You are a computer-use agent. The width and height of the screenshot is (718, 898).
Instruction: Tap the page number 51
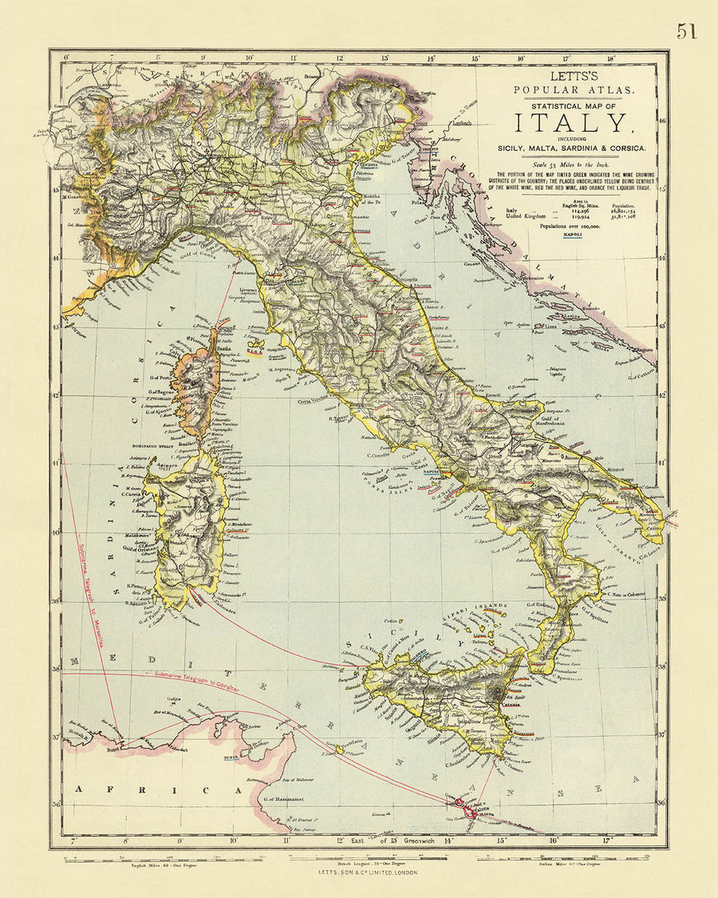(x=686, y=31)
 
